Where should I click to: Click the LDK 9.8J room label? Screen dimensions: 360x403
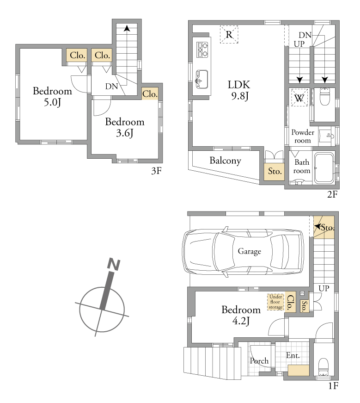pyautogui.click(x=239, y=90)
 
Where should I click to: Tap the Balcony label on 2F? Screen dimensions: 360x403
pyautogui.click(x=225, y=161)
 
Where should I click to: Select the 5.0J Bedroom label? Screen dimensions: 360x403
pyautogui.click(x=52, y=96)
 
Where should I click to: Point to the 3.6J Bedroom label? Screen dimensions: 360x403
pyautogui.click(x=125, y=127)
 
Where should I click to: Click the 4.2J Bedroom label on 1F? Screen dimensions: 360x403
pyautogui.click(x=241, y=315)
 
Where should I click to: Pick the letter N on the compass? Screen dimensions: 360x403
pyautogui.click(x=114, y=265)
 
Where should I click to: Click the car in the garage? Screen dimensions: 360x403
pyautogui.click(x=243, y=252)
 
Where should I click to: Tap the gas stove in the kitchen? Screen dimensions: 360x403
pyautogui.click(x=202, y=50)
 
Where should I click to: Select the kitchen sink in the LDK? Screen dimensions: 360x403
pyautogui.click(x=202, y=79)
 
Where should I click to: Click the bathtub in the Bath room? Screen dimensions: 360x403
pyautogui.click(x=324, y=168)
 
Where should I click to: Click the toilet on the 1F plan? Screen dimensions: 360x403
pyautogui.click(x=323, y=367)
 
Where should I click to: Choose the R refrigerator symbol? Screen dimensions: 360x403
pyautogui.click(x=229, y=34)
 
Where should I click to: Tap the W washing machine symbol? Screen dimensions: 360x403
pyautogui.click(x=299, y=98)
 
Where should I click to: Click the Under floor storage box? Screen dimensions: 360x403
pyautogui.click(x=275, y=302)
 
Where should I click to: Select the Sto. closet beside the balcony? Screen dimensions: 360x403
pyautogui.click(x=274, y=172)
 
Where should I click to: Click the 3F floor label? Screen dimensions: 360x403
pyautogui.click(x=156, y=171)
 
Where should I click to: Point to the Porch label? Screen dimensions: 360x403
pyautogui.click(x=259, y=361)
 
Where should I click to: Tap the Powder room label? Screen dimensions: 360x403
pyautogui.click(x=303, y=136)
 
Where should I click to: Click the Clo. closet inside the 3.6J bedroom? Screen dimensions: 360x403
pyautogui.click(x=150, y=94)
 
